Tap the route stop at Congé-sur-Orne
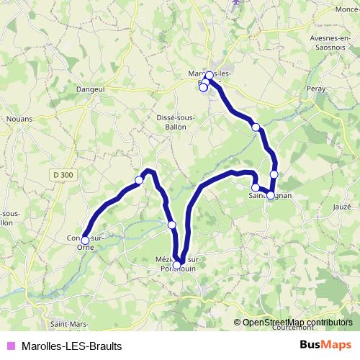coord(85,240)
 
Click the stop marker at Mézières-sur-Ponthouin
coord(177,266)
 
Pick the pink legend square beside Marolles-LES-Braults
coord(11,346)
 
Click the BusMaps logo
coord(325,345)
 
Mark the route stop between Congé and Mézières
coord(171,225)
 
